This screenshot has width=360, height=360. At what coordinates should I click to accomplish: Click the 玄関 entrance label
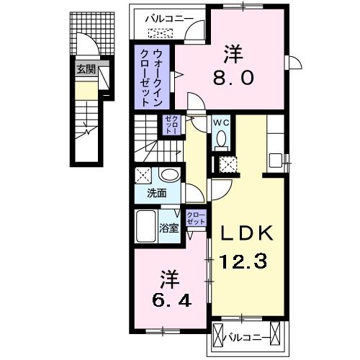pos(85,70)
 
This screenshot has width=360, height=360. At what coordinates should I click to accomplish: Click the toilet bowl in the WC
pos(220,138)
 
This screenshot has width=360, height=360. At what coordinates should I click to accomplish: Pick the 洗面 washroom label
pos(157,194)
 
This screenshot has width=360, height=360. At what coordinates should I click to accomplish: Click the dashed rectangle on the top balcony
pos(160,32)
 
